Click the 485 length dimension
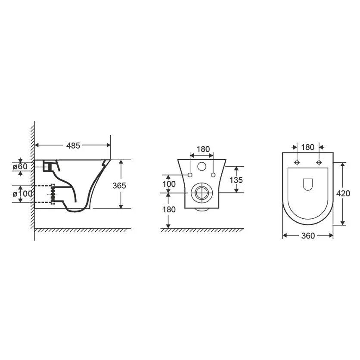[x=73, y=146]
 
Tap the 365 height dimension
[x=119, y=185]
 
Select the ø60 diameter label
[x=20, y=166]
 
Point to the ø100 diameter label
[x=22, y=194]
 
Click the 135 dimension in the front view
[x=236, y=180]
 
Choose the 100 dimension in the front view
[x=169, y=184]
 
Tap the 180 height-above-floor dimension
[x=169, y=209]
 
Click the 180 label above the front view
[x=203, y=149]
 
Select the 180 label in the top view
[x=307, y=147]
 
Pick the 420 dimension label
[x=343, y=193]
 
